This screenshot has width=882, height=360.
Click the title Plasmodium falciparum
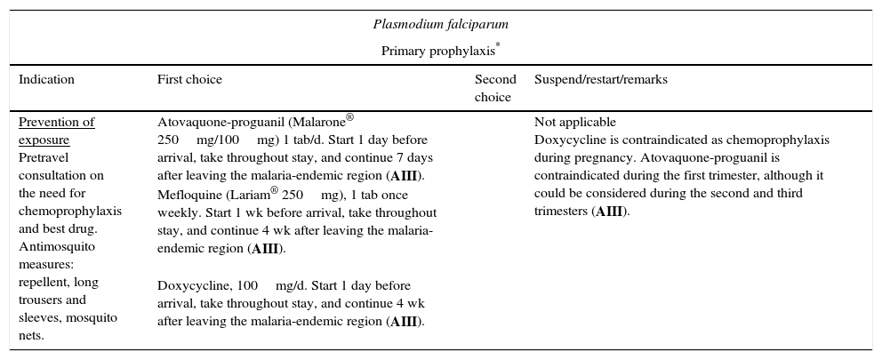(x=440, y=24)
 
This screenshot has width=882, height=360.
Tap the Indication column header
(x=46, y=80)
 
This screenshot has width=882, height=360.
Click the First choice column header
(x=189, y=80)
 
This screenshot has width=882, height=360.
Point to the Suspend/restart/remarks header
(x=600, y=80)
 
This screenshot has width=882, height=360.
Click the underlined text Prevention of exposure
(x=56, y=131)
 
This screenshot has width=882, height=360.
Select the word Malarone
(x=318, y=123)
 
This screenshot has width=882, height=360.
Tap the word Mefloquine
(x=186, y=195)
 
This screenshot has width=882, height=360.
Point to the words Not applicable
(x=574, y=123)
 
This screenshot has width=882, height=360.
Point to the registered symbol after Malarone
(x=349, y=117)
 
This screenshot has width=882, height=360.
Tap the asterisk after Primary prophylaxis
(x=498, y=46)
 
